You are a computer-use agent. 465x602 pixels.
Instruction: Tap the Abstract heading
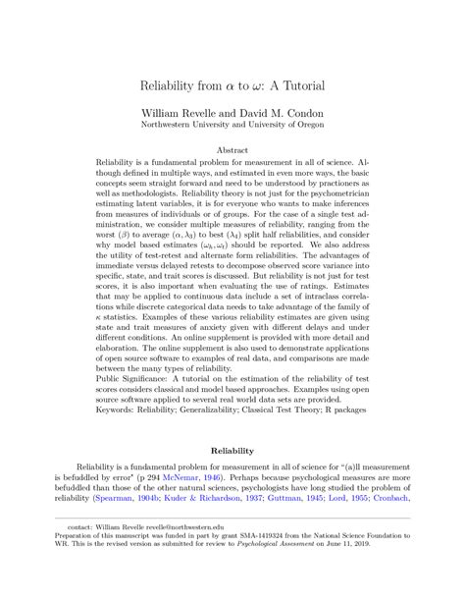click(x=232, y=150)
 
